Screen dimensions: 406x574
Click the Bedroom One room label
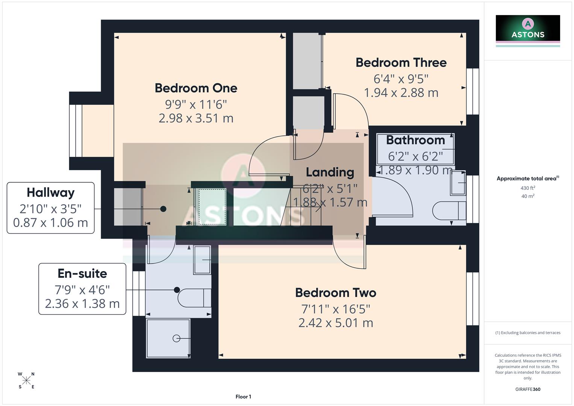(196, 88)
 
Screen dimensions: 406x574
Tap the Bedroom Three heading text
(401, 62)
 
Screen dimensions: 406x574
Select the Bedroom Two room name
(335, 292)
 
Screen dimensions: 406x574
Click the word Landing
(330, 172)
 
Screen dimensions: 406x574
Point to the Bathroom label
(415, 140)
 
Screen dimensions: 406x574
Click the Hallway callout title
(50, 192)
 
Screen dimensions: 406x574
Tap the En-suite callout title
(82, 273)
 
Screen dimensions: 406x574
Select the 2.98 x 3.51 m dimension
(196, 118)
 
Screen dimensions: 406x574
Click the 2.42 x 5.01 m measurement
(335, 323)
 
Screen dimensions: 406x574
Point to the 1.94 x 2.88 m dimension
(401, 92)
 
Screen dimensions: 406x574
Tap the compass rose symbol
(26, 380)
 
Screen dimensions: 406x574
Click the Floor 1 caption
(243, 397)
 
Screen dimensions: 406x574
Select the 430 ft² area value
(527, 188)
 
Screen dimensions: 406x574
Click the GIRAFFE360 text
(527, 389)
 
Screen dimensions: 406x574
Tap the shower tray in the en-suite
(168, 338)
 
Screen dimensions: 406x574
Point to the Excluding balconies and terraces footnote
(527, 333)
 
